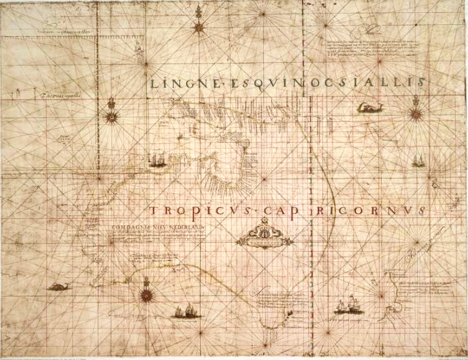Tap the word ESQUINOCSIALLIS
pyautogui.click(x=329, y=83)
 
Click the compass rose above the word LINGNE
pyautogui.click(x=198, y=27)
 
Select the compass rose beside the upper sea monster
pyautogui.click(x=414, y=112)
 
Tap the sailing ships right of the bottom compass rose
pyautogui.click(x=183, y=311)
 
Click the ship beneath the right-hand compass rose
pyautogui.click(x=417, y=161)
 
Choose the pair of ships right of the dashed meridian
pyautogui.click(x=347, y=305)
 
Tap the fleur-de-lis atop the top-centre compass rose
pyautogui.click(x=198, y=11)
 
